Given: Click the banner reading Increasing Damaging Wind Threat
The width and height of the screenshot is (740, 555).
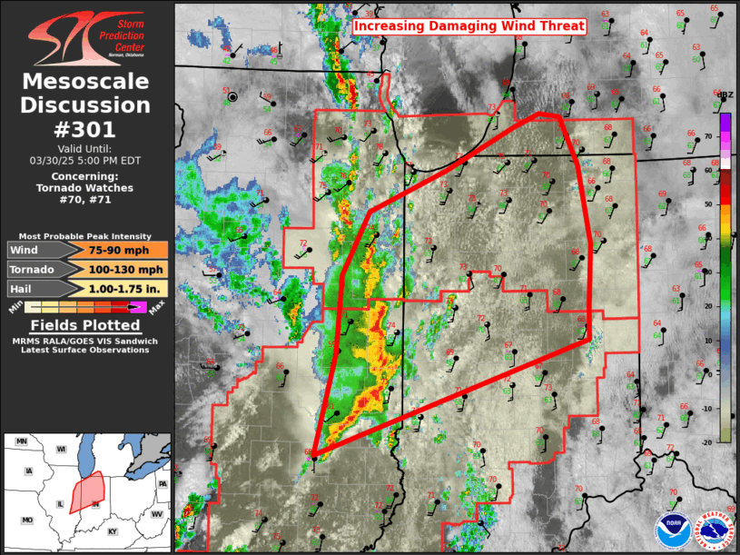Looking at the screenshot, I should (469, 26).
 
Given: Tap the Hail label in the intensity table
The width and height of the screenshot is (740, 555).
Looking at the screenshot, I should (26, 288).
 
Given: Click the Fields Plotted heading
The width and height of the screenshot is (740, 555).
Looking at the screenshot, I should (86, 325).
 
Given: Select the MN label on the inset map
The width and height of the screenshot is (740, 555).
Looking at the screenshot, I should (22, 441).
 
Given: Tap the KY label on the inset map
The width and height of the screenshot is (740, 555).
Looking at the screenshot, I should (113, 530).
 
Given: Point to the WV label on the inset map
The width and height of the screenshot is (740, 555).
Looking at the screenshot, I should (156, 514).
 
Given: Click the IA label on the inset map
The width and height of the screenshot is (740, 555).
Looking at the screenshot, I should (29, 471).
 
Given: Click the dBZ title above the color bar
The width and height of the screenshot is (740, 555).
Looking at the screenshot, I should (725, 94).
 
